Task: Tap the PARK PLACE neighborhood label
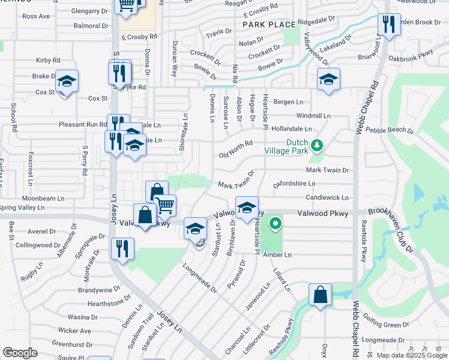coord(269,25)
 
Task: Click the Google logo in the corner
coord(20,353)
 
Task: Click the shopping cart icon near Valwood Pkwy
coord(165,204)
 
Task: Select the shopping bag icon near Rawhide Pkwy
coord(321,294)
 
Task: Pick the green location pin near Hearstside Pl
coord(276,224)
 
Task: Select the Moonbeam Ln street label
coord(43,198)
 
